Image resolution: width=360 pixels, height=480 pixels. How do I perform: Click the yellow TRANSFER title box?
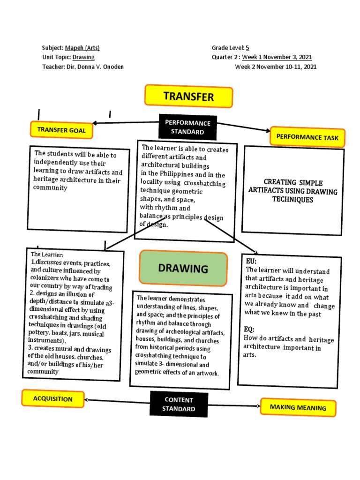(188, 96)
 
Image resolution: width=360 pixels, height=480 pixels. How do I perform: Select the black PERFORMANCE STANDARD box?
(187, 127)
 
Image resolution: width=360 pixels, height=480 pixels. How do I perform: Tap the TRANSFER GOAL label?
(61, 130)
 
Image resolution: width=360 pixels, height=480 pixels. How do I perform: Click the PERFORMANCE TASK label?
(307, 137)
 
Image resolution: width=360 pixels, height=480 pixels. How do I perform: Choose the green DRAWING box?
(183, 269)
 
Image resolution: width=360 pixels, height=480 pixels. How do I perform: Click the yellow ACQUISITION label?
(52, 399)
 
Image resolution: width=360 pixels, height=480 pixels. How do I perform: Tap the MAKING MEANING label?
(298, 407)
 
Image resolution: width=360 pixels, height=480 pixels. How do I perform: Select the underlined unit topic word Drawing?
(83, 57)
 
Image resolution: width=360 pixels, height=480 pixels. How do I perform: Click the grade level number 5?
(247, 48)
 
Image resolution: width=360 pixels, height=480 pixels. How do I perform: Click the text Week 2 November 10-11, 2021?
(276, 67)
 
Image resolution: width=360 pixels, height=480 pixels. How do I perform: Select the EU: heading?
(251, 261)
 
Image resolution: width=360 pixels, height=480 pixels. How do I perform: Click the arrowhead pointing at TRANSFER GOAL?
(95, 123)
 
